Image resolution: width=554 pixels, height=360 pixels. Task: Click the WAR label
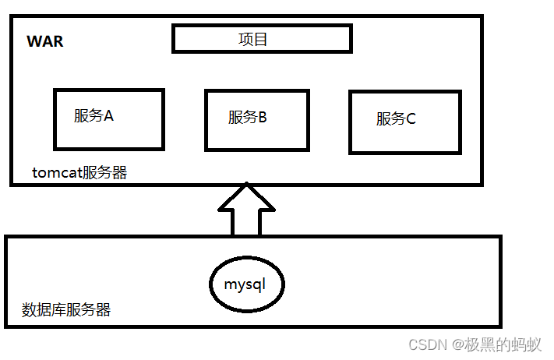(45, 42)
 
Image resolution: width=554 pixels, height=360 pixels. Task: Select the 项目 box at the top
(262, 38)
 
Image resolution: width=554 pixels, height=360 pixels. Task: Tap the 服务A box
(108, 119)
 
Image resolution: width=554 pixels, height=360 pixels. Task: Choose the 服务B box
(256, 120)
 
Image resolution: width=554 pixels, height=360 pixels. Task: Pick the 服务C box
(404, 122)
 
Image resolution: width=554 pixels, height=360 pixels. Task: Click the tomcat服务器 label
(79, 173)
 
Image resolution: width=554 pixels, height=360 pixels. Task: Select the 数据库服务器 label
(67, 310)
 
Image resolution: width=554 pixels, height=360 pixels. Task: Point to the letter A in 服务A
(108, 116)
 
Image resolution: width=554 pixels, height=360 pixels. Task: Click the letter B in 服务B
(263, 118)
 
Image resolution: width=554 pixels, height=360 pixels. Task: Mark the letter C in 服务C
(411, 119)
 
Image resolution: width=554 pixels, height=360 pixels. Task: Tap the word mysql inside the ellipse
(245, 284)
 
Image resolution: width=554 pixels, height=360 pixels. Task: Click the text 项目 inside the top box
(253, 38)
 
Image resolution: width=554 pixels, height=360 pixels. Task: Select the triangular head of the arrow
(246, 198)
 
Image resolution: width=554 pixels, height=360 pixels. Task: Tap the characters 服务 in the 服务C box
(390, 119)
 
